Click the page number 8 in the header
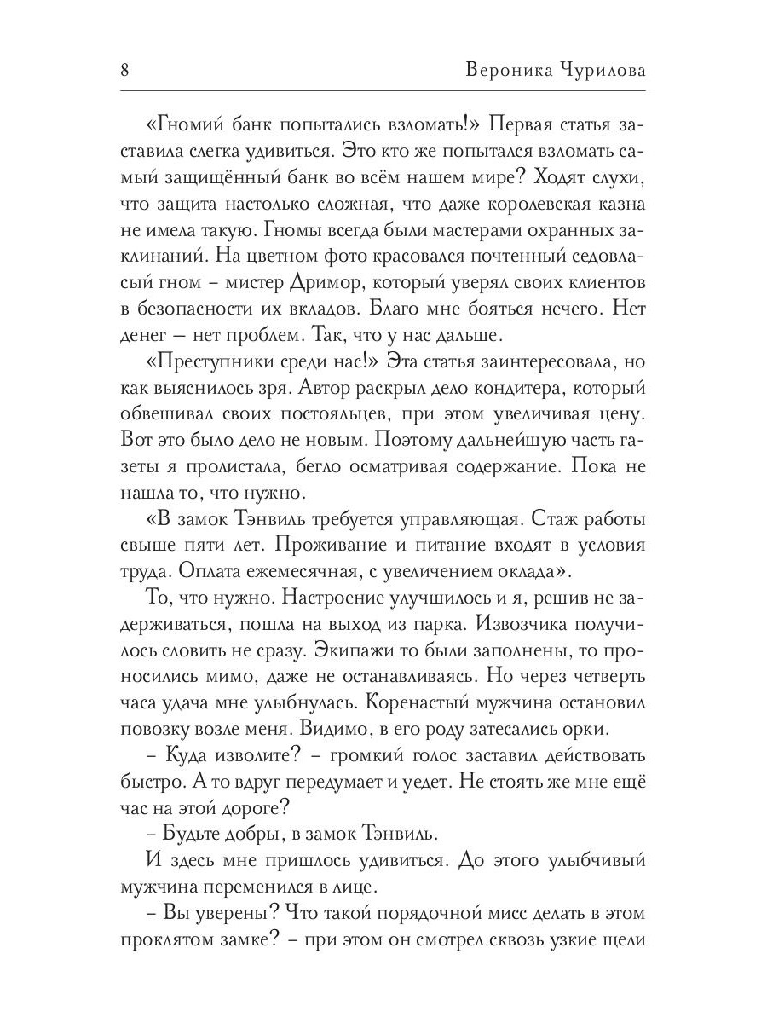pyautogui.click(x=124, y=69)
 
